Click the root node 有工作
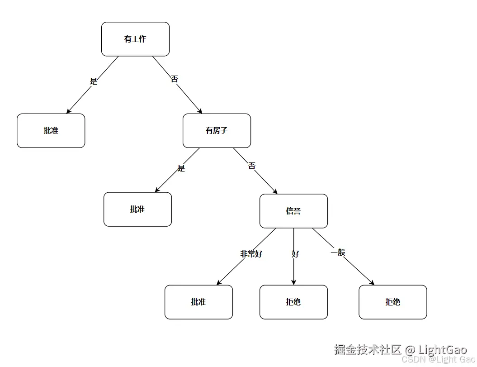tap(135, 39)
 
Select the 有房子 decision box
tap(217, 130)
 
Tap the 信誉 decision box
tap(293, 211)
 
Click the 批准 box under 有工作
tap(51, 130)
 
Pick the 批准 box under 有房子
tap(137, 209)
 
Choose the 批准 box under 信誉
tap(198, 302)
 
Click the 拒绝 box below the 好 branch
tap(293, 302)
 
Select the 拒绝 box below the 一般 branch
tap(392, 302)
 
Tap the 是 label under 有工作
tap(94, 81)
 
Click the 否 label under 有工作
tap(175, 79)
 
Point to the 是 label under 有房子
tap(181, 168)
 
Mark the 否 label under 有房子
tap(252, 166)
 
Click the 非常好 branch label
tap(251, 254)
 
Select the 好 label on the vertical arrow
tap(295, 254)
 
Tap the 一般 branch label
tap(338, 252)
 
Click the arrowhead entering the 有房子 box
tap(200, 111)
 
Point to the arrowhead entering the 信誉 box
tap(275, 191)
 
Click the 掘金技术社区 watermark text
tap(368, 349)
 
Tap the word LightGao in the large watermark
tap(442, 349)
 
